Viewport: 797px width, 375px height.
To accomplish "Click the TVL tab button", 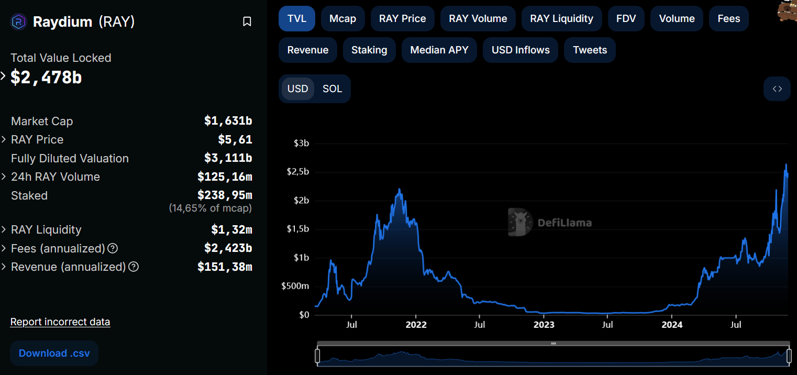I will coord(296,19).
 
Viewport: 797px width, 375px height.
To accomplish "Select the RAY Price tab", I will coord(402,19).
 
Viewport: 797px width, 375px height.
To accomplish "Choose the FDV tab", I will coord(626,19).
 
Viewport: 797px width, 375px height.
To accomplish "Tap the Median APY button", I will coord(439,50).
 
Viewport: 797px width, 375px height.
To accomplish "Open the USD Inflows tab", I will coord(521,50).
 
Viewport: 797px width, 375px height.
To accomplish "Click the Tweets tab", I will coord(590,50).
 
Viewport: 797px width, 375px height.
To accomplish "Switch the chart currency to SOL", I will coord(332,89).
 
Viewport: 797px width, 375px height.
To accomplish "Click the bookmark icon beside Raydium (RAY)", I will coord(247,21).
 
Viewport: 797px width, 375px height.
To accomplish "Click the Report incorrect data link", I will coord(60,322).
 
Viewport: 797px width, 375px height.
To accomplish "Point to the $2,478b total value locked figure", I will coord(46,78).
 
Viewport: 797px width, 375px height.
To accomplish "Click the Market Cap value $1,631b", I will coord(228,121).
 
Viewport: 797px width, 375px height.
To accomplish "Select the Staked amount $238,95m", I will coord(225,195).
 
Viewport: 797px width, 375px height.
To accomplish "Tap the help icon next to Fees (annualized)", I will coord(113,248).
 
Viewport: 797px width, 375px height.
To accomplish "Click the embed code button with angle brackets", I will coord(777,89).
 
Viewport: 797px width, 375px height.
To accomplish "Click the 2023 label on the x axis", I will coord(544,325).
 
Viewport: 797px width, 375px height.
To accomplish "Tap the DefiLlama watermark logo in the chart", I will coord(519,223).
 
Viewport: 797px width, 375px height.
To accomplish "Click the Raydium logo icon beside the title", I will coord(19,21).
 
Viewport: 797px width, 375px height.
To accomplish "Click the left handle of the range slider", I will coord(317,356).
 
